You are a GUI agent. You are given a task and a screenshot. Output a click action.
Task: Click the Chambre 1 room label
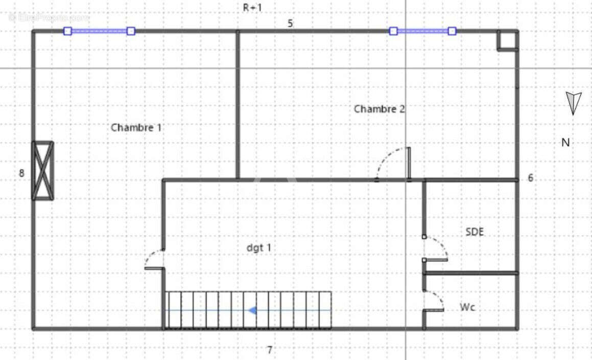pyautogui.click(x=136, y=128)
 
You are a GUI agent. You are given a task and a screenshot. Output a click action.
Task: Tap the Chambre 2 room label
pyautogui.click(x=379, y=109)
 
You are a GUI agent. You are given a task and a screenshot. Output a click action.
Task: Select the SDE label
pyautogui.click(x=475, y=232)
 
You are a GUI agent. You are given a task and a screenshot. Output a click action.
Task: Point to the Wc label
pyautogui.click(x=467, y=307)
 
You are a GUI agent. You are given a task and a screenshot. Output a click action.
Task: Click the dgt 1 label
pyautogui.click(x=258, y=248)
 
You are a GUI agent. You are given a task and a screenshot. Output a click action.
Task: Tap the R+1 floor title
pyautogui.click(x=252, y=8)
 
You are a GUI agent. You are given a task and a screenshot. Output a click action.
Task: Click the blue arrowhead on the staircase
pyautogui.click(x=252, y=310)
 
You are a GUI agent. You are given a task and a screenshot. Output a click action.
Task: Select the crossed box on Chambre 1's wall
pyautogui.click(x=42, y=171)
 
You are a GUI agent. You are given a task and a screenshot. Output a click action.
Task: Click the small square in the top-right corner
pyautogui.click(x=507, y=40)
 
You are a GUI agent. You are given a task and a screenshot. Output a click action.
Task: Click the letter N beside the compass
pyautogui.click(x=565, y=142)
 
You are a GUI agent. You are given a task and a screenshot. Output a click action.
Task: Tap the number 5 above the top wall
pyautogui.click(x=290, y=23)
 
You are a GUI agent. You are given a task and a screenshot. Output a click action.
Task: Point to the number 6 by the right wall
pyautogui.click(x=531, y=178)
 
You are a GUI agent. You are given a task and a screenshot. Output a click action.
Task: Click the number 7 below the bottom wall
pyautogui.click(x=270, y=350)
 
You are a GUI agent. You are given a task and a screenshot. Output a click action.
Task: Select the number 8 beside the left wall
pyautogui.click(x=21, y=173)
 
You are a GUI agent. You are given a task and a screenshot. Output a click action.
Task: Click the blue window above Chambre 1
pyautogui.click(x=99, y=31)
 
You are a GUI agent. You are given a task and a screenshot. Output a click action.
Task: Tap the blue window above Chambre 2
pyautogui.click(x=422, y=31)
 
